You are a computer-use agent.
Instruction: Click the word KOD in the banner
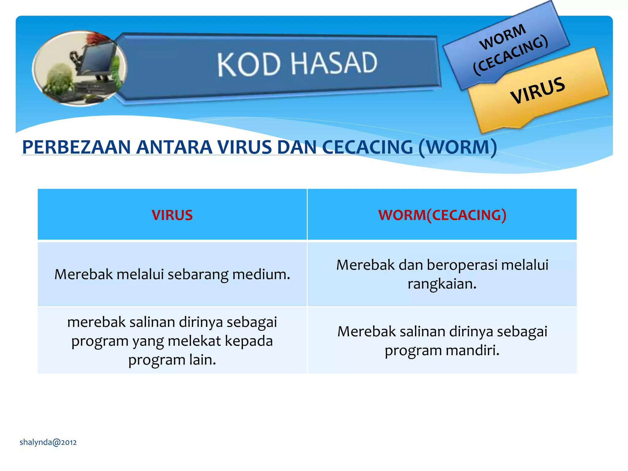tap(249, 64)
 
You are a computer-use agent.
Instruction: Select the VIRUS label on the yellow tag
tap(538, 90)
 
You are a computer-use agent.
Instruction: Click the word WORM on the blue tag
tap(503, 37)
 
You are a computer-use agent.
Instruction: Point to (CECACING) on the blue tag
tap(511, 55)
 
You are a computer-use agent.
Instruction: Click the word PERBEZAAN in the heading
tap(77, 147)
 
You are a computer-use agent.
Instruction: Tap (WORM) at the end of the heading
tap(458, 147)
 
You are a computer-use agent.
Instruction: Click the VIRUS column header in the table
tap(172, 215)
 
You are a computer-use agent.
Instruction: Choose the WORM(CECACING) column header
tap(442, 215)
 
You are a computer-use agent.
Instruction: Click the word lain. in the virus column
tap(202, 360)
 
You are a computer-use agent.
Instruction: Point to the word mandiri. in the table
tap(472, 350)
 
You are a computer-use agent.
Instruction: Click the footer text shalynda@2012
tap(48, 442)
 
